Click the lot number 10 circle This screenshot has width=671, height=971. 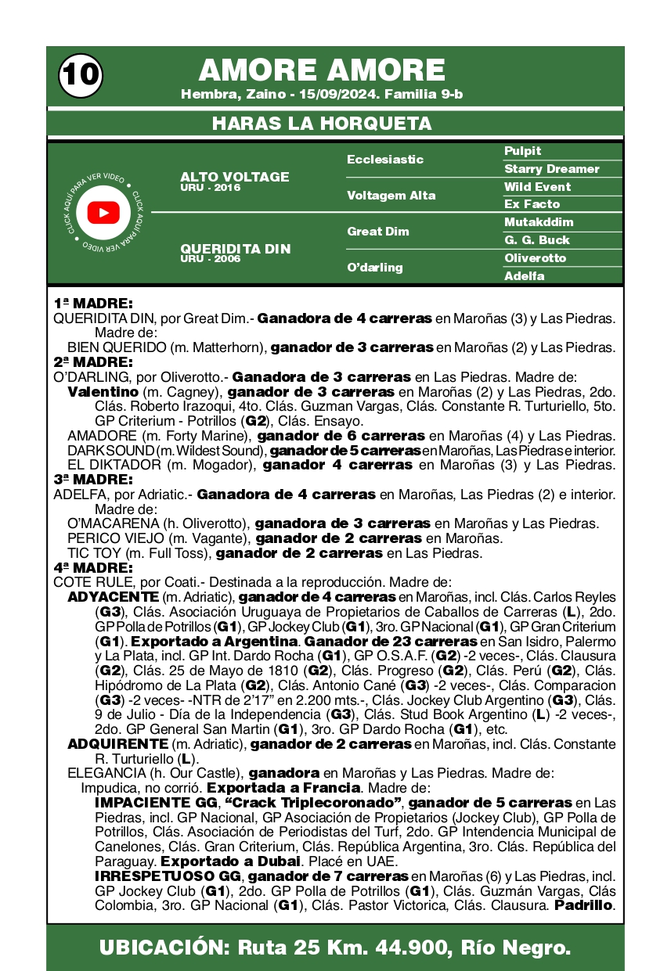point(80,74)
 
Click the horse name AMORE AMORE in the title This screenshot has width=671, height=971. point(322,70)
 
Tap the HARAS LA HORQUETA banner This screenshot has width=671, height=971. point(322,124)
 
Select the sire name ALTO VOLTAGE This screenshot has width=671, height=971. point(234,178)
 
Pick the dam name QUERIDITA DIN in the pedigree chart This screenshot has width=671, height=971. point(235,250)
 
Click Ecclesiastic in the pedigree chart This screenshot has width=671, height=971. point(385,160)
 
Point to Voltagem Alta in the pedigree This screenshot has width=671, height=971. point(391,196)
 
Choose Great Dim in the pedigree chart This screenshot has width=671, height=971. point(378,232)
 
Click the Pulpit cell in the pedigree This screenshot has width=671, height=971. point(522,151)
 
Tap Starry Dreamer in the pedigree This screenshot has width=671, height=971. point(551,169)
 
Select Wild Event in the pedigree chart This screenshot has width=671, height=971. point(537,187)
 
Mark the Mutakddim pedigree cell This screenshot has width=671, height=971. point(539,222)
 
